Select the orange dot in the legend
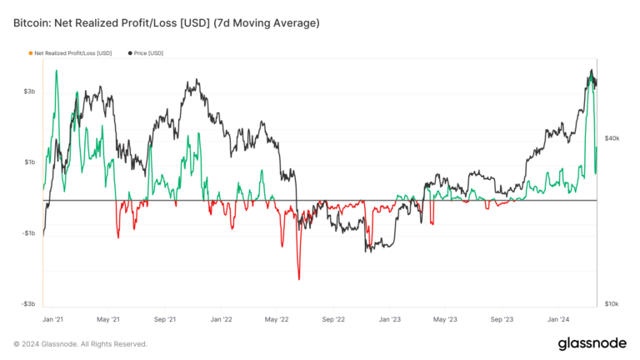coord(31,53)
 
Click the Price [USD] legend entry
coord(147,53)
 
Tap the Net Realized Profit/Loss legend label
coord(73,53)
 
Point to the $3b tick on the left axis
coord(28,91)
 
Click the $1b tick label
coord(28,162)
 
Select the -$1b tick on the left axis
coord(27,233)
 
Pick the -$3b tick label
coord(27,304)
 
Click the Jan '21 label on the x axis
coord(53,319)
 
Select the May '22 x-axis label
coord(277,319)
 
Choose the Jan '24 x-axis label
coord(558,319)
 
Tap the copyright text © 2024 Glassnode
coord(80,343)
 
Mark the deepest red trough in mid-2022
coord(298,279)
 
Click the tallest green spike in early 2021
coord(56,71)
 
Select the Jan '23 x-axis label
coord(389,319)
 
